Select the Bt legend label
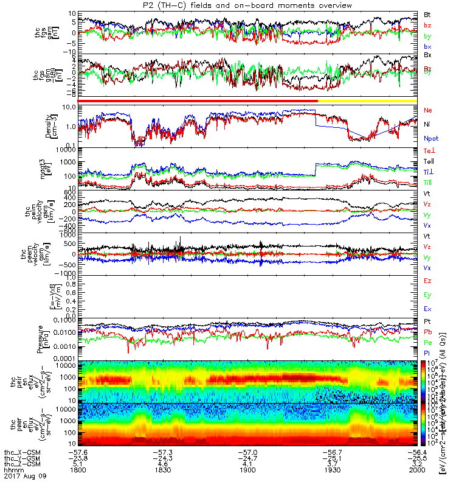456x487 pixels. click(427, 13)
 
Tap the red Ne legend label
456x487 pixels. click(428, 110)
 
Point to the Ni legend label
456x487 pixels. click(427, 124)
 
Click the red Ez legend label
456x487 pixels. click(427, 281)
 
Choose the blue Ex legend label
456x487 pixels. click(427, 309)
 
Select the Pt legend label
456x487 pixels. click(427, 320)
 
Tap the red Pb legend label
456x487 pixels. click(427, 332)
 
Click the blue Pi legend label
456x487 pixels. click(427, 354)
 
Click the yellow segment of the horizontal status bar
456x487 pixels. click(367, 100)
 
